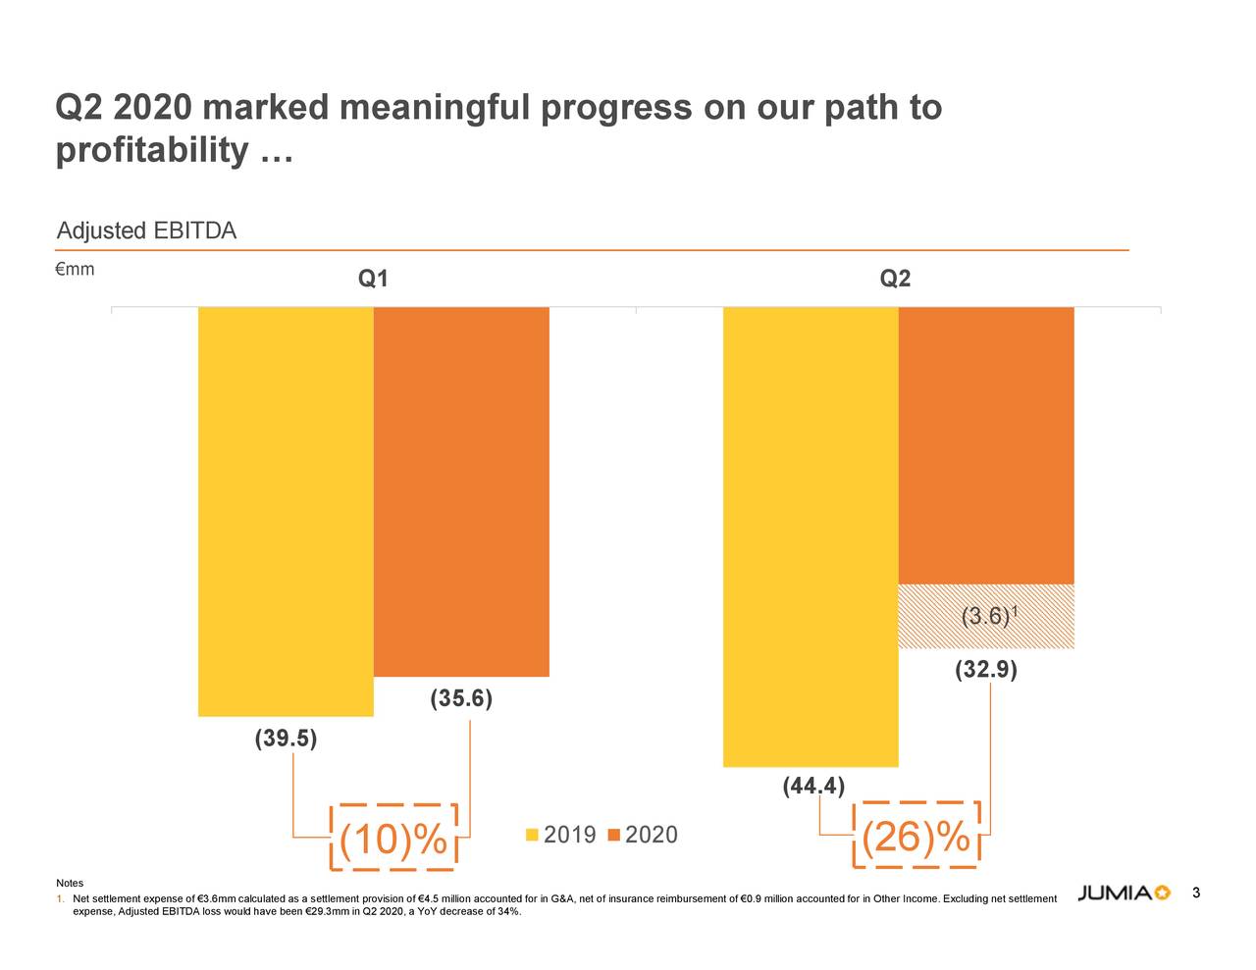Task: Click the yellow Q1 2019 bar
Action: tap(286, 510)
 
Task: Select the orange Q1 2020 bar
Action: tap(461, 490)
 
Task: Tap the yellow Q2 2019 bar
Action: tap(811, 536)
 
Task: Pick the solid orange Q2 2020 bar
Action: tap(986, 445)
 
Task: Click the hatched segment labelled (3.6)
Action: tap(986, 617)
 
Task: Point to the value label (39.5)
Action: tap(286, 739)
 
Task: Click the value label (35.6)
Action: tap(461, 699)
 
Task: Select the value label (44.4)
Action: tap(813, 787)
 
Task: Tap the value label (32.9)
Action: tap(986, 671)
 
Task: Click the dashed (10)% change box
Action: tap(393, 838)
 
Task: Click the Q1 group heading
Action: tap(373, 280)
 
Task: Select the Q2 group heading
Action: tap(895, 280)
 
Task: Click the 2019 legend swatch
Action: tap(533, 836)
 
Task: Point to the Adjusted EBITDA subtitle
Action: tap(146, 231)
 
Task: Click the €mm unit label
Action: tap(76, 270)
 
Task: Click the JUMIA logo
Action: tap(1124, 893)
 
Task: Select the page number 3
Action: tap(1196, 893)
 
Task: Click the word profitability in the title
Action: tap(152, 150)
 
